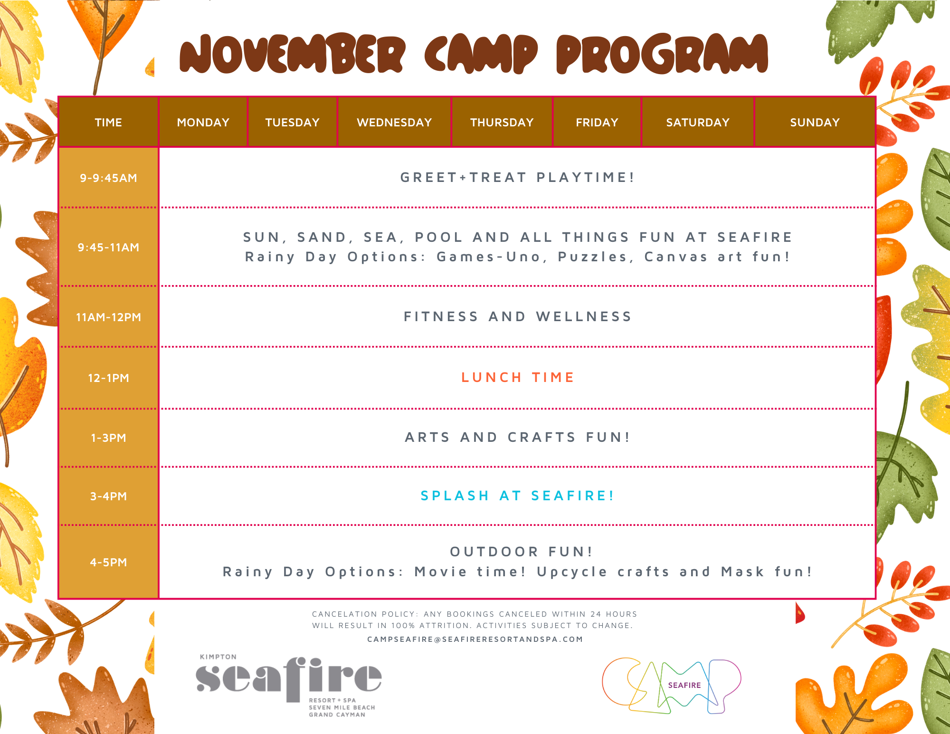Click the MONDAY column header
click(203, 123)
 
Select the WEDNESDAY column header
click(394, 123)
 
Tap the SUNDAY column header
click(815, 123)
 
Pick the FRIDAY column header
click(597, 123)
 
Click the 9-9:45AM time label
click(108, 178)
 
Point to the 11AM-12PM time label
click(108, 317)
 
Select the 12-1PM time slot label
click(108, 378)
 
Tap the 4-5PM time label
click(108, 562)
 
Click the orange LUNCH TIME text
click(518, 377)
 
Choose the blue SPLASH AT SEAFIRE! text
click(518, 496)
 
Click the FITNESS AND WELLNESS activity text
click(518, 316)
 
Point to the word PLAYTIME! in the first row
click(586, 177)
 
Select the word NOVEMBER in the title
click(293, 54)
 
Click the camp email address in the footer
click(475, 639)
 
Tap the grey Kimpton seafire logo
click(289, 685)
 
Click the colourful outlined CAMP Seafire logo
click(672, 686)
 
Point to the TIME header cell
click(108, 123)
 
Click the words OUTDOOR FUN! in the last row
click(522, 552)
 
